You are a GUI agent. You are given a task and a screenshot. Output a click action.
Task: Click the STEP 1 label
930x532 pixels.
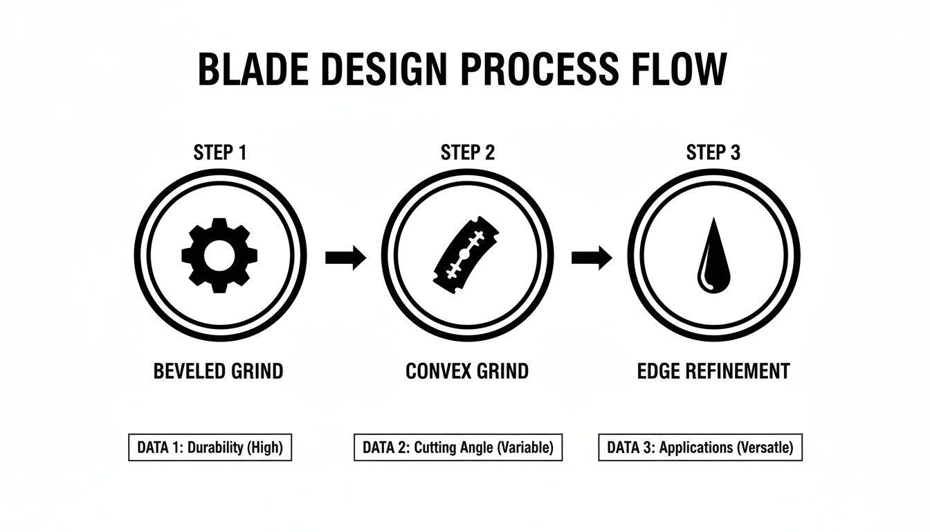[220, 152]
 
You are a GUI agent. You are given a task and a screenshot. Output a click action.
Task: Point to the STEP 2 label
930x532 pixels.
[468, 152]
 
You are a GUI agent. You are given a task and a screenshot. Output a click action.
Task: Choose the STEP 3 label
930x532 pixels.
[713, 152]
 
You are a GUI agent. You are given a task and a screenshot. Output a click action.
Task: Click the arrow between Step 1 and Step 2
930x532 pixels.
[345, 258]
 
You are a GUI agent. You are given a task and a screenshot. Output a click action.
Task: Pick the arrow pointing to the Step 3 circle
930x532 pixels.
[592, 258]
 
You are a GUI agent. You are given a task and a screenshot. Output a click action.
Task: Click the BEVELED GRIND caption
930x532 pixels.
[218, 371]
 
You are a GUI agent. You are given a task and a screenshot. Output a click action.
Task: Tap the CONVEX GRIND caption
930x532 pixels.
[467, 371]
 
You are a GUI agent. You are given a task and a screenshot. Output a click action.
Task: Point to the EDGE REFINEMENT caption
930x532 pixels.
[713, 371]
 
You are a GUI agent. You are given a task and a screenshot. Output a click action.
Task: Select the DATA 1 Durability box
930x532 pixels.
[210, 447]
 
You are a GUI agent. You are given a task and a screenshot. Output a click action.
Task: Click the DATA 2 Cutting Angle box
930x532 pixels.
[458, 447]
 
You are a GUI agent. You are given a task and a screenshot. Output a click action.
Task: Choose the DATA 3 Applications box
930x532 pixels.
[700, 447]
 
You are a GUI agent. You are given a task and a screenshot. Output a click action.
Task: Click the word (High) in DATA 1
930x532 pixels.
[264, 447]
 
